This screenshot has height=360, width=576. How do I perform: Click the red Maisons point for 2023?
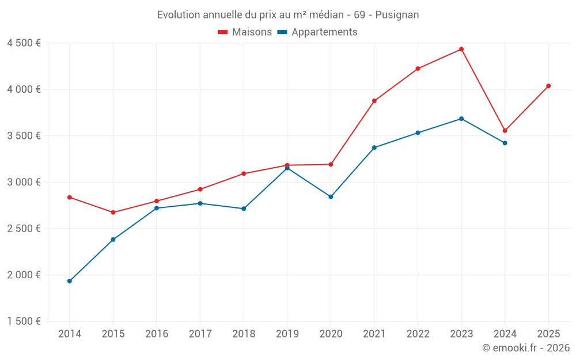click(x=461, y=49)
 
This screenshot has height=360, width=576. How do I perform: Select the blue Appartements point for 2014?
click(x=70, y=281)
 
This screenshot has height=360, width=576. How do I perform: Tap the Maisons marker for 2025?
click(x=548, y=86)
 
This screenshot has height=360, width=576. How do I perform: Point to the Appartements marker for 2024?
click(x=505, y=143)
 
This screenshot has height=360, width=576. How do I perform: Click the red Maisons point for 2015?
click(x=113, y=213)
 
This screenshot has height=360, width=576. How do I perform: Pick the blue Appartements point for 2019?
click(x=287, y=168)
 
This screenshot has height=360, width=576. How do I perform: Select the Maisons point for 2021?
click(x=374, y=101)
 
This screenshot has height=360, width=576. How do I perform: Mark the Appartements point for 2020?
click(x=331, y=197)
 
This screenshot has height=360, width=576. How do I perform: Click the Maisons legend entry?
click(x=245, y=32)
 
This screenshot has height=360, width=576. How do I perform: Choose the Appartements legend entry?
click(x=317, y=32)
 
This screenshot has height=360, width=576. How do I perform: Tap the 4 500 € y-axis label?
click(x=24, y=43)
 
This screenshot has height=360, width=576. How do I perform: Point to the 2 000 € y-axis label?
click(x=24, y=275)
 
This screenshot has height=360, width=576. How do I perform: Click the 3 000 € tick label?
click(x=24, y=182)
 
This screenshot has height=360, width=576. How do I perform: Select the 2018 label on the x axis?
click(x=244, y=334)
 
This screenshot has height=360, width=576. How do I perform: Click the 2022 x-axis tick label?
click(x=418, y=334)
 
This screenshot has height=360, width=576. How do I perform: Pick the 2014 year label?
click(x=70, y=334)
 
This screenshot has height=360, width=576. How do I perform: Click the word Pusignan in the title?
click(x=397, y=15)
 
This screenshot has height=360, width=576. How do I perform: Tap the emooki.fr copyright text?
click(x=525, y=348)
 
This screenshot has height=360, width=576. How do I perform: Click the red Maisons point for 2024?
click(x=505, y=131)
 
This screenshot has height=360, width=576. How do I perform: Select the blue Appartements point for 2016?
click(x=157, y=208)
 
